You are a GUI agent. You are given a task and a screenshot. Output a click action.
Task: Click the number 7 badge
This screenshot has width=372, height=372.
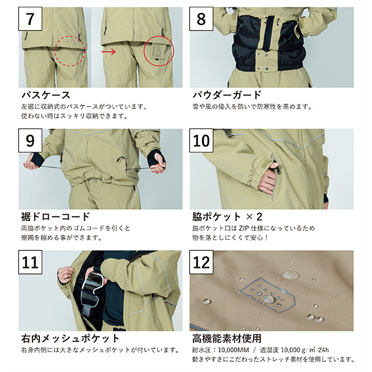pos(31,19)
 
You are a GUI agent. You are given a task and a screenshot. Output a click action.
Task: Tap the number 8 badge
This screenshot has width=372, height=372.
pos(201,19)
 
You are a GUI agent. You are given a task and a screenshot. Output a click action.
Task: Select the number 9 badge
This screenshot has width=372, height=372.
pos(31,140)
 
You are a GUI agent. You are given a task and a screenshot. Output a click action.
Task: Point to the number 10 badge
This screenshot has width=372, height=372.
pos(201,140)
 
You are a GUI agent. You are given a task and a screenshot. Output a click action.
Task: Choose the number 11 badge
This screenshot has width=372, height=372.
pos(31,262)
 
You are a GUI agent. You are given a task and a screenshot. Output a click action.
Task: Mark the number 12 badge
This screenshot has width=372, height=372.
pos(201,262)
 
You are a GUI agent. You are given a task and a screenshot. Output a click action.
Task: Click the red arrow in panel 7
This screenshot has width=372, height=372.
pos(109,51)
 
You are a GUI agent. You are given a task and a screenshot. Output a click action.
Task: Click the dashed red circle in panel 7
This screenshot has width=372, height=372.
pos(70,51)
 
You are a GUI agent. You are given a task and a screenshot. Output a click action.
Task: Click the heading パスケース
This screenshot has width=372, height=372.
pos(46,95)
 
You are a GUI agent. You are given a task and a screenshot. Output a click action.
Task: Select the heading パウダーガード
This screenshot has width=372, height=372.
pos(227,95)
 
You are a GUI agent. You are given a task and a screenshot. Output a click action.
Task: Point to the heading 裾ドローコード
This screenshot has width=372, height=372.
pos(56,217)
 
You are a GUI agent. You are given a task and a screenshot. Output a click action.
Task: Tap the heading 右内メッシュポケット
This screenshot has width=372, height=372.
pos(71,338)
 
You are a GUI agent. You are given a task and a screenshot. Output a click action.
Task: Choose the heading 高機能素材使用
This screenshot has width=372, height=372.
pos(227,338)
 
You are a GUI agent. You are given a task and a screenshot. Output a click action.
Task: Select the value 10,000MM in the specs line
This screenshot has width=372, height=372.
pos(233,350)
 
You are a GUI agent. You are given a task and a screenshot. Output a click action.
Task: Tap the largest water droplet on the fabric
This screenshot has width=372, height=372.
pos(291,275)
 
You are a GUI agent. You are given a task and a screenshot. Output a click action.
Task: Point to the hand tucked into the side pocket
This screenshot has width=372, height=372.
pos(268,181)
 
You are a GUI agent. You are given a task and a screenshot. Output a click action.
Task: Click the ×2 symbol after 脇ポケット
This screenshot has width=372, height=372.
pos(254,217)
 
